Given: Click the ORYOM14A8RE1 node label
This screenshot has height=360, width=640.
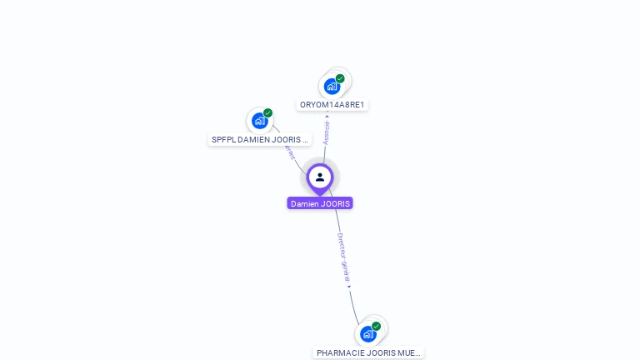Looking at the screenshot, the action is click(x=332, y=105).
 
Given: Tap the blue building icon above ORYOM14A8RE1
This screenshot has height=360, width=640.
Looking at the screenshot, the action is click(x=332, y=86).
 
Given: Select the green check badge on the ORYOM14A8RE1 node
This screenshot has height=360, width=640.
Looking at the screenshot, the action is click(x=340, y=78).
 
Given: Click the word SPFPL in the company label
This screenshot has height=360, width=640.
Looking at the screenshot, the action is click(x=223, y=140).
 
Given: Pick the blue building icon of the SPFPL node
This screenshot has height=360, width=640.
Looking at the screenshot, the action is click(x=260, y=121).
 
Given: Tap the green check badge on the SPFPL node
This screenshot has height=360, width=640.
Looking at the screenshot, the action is click(x=267, y=113).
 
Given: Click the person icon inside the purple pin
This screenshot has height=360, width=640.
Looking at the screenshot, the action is click(x=320, y=177).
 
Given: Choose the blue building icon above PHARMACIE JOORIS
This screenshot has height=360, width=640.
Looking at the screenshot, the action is click(x=368, y=334).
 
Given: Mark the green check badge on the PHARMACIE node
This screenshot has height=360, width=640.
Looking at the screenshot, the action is click(x=376, y=326).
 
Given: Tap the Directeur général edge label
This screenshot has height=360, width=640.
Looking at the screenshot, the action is click(x=343, y=257).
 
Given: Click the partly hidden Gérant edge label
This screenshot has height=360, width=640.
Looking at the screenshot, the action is click(x=290, y=152).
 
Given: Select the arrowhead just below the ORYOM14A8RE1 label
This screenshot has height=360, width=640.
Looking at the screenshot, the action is click(x=327, y=117).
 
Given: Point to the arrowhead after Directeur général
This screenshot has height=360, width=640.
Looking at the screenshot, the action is click(x=349, y=287).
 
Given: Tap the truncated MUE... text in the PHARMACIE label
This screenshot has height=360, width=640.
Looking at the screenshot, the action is click(x=409, y=353).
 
